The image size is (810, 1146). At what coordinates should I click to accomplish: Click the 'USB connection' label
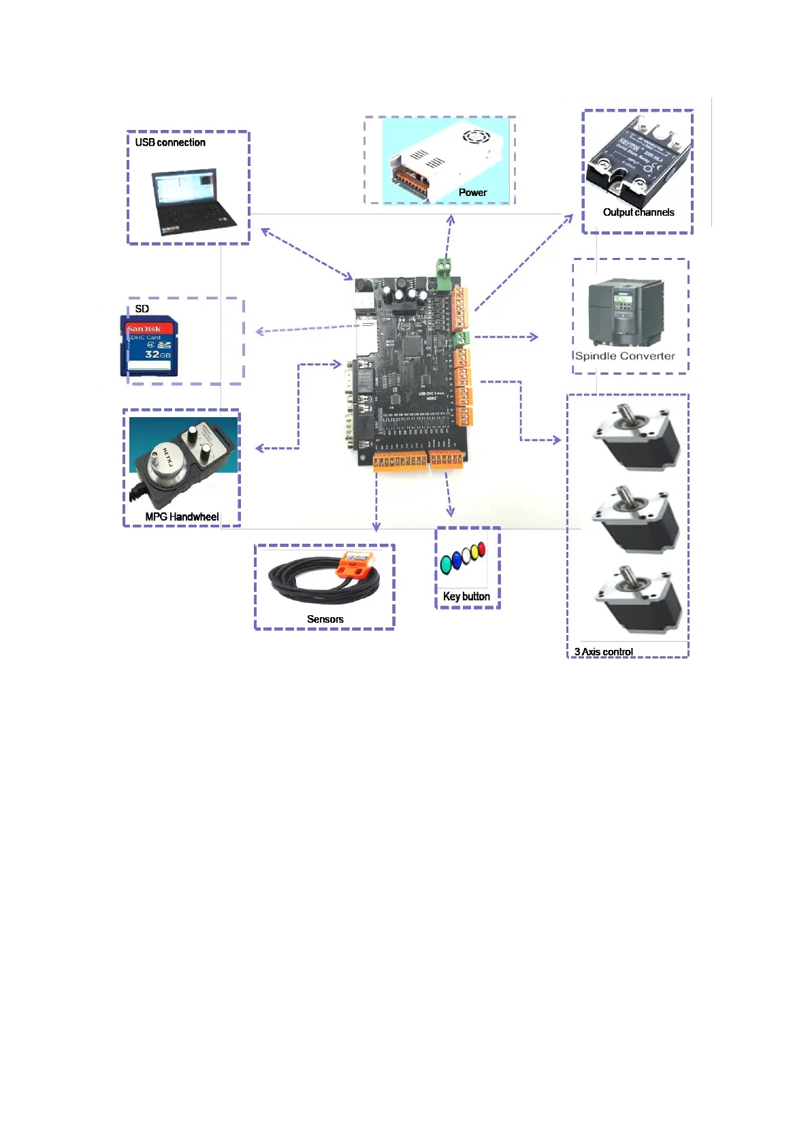pyautogui.click(x=169, y=142)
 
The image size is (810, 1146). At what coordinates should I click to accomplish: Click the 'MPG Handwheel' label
pyautogui.click(x=182, y=517)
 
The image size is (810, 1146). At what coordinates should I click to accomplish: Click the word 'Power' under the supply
pyautogui.click(x=472, y=193)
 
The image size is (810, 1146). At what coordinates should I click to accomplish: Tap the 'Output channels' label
pyautogui.click(x=638, y=212)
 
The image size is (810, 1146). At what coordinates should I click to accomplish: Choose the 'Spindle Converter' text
pyautogui.click(x=625, y=356)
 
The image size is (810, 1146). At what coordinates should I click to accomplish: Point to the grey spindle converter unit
pyautogui.click(x=626, y=312)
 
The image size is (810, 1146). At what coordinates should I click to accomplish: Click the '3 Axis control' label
pyautogui.click(x=603, y=652)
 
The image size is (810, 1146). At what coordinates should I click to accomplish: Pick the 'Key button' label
pyautogui.click(x=466, y=596)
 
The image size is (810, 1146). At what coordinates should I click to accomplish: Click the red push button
pyautogui.click(x=481, y=549)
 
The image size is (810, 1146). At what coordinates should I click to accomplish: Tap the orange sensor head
pyautogui.click(x=355, y=564)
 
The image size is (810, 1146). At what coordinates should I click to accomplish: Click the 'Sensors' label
pyautogui.click(x=325, y=619)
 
